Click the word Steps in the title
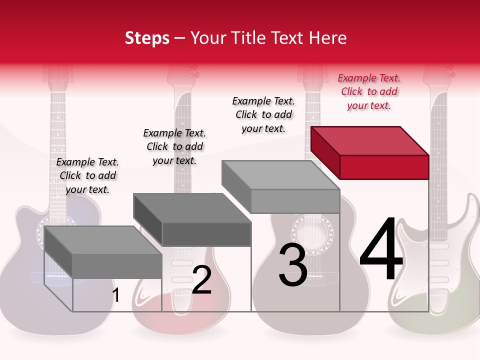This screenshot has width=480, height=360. [x=147, y=38]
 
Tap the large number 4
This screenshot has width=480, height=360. [x=381, y=250]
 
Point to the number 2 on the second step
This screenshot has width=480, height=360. [x=201, y=280]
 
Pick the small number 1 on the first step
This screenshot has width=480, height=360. [x=116, y=295]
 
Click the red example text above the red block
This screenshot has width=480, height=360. [x=369, y=91]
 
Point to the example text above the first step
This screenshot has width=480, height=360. [x=87, y=175]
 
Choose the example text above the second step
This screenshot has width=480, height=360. [x=174, y=146]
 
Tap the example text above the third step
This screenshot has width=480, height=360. [x=263, y=114]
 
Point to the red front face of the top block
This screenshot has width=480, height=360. [x=384, y=167]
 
